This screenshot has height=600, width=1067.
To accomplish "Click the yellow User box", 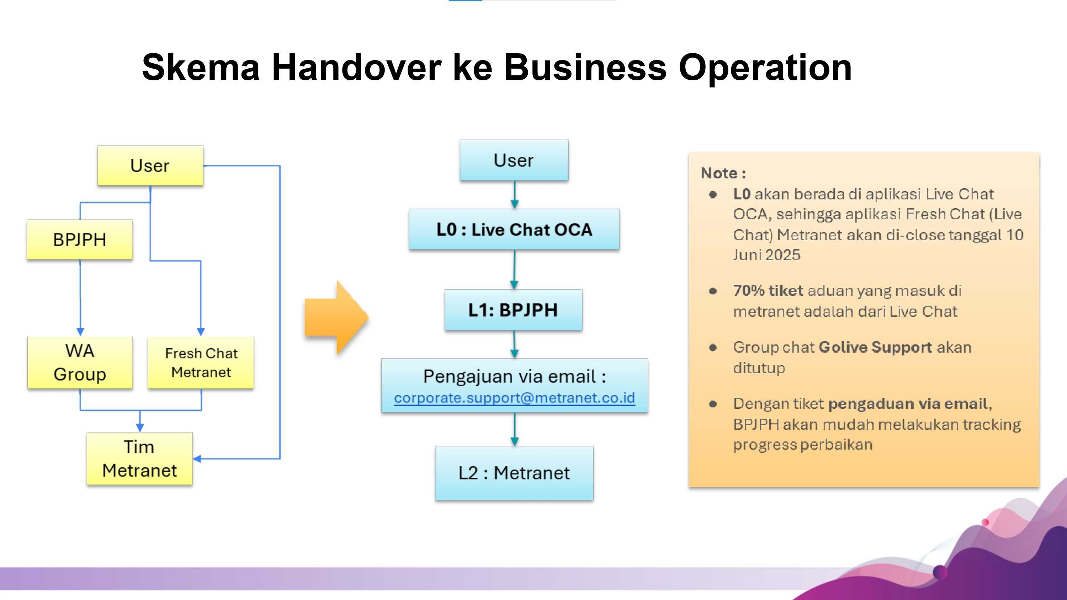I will [x=150, y=166].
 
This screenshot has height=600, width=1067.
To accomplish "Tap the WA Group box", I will [x=80, y=362].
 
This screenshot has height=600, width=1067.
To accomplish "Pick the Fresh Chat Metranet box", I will [x=201, y=362].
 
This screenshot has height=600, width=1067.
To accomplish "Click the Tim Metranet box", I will [x=139, y=459].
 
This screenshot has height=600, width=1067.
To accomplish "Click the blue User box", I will [x=514, y=160].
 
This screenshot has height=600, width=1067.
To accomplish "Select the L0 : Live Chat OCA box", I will [x=514, y=229].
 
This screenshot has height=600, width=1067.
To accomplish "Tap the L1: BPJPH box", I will [x=513, y=310].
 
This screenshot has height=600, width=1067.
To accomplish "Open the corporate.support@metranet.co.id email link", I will [x=514, y=398].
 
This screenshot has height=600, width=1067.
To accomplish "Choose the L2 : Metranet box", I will [x=514, y=473].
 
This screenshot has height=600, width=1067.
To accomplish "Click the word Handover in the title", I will [x=357, y=68].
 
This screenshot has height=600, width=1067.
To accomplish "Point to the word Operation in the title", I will [x=765, y=68].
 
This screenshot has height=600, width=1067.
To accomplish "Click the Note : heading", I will [x=723, y=173].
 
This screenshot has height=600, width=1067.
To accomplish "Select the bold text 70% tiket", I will [x=768, y=291].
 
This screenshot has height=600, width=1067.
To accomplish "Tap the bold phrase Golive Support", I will [x=875, y=347].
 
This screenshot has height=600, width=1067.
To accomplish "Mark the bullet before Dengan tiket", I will [x=713, y=404].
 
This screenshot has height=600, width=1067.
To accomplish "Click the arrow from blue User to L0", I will [x=514, y=195].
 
